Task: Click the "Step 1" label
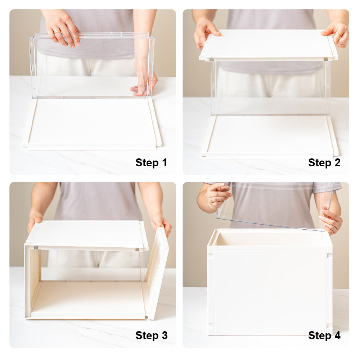(151, 163)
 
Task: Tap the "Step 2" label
(324, 163)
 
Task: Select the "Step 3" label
(151, 336)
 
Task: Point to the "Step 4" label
(324, 336)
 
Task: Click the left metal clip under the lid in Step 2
(211, 59)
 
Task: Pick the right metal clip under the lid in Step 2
(325, 59)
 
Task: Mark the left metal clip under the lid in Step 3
(36, 248)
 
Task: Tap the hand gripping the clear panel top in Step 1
(62, 29)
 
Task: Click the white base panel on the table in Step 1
(92, 124)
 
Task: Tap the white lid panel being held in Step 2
(269, 45)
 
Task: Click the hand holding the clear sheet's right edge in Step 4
(330, 220)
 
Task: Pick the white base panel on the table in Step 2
(270, 136)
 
